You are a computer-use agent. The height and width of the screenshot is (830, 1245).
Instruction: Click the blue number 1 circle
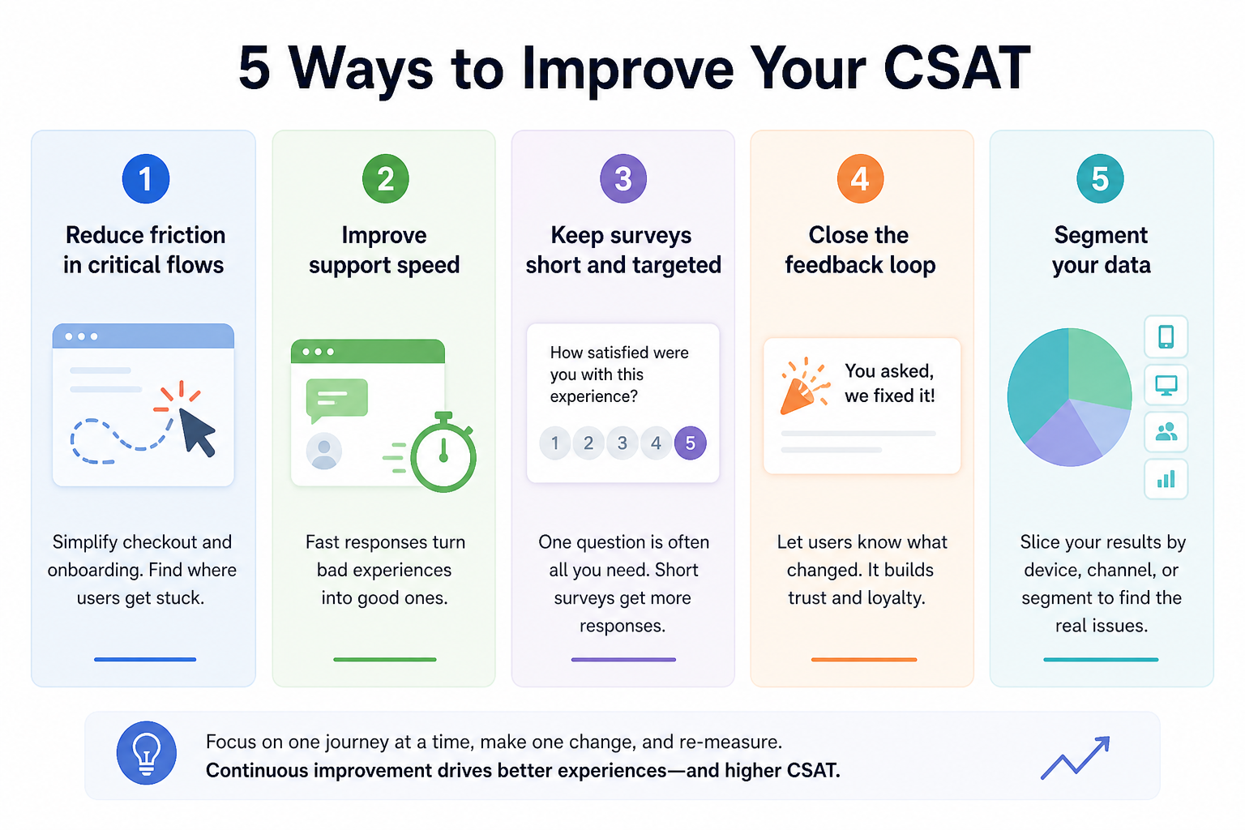(x=146, y=178)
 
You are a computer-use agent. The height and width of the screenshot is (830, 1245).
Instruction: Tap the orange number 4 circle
(x=860, y=178)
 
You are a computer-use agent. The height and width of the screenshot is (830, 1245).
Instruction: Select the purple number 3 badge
(x=623, y=178)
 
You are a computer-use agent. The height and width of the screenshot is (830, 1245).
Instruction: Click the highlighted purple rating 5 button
(x=691, y=443)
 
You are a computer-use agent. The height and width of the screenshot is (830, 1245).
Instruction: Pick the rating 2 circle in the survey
(x=588, y=443)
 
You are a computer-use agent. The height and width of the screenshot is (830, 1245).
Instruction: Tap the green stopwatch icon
(x=443, y=452)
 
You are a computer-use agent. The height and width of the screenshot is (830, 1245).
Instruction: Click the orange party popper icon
(x=804, y=387)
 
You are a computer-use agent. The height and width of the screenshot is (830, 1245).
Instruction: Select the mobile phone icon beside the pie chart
(x=1166, y=337)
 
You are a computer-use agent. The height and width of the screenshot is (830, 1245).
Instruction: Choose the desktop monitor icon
(x=1166, y=385)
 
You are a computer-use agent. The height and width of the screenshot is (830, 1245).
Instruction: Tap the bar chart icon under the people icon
(x=1166, y=479)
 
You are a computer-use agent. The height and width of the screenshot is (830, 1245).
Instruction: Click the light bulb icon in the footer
(x=147, y=753)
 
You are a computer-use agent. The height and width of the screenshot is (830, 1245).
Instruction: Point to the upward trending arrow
(x=1075, y=758)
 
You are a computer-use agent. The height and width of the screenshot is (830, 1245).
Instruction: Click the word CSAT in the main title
(x=956, y=68)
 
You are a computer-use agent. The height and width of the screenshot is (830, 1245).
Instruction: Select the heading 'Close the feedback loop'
(x=860, y=250)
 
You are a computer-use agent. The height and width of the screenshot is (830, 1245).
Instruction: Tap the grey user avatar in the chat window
(x=324, y=451)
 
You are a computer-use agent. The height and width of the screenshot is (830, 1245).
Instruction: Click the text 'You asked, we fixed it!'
(x=889, y=383)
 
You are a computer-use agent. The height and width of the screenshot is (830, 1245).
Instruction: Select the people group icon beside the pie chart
(x=1166, y=432)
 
